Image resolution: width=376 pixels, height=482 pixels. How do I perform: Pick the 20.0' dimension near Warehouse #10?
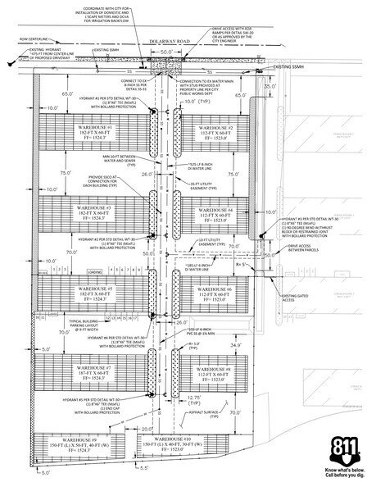tap(144, 427)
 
